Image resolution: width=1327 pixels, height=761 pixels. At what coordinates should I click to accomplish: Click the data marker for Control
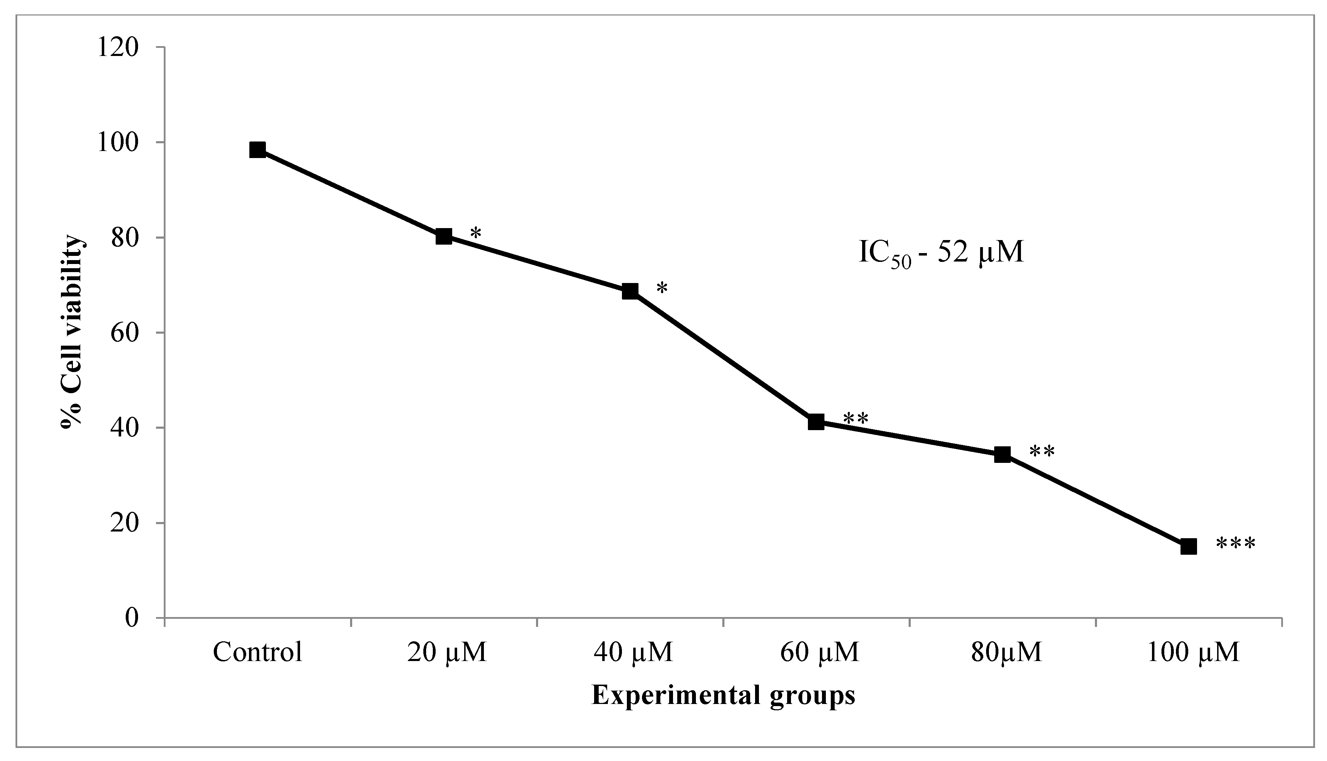257,150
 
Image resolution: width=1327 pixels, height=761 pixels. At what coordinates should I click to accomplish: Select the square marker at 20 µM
443,236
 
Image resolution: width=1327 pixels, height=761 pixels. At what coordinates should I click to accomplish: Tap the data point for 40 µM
630,291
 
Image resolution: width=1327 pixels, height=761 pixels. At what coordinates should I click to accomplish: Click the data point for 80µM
1002,454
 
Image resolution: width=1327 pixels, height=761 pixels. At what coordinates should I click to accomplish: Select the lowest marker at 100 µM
1189,547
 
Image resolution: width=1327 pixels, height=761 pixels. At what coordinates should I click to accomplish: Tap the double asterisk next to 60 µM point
856,419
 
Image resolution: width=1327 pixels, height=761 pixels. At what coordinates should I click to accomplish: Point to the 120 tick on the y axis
121,47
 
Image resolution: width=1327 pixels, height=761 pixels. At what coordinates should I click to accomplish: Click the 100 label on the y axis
121,142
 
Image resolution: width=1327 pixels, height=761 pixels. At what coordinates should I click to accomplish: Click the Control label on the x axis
257,652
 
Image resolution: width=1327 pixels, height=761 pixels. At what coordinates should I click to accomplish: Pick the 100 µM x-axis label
1193,652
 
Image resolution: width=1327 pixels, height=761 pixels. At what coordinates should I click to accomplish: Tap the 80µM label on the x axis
1007,652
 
